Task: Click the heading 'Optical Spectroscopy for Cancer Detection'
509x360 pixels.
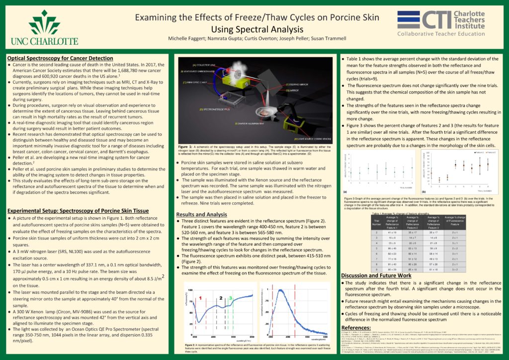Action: point(60,58)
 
